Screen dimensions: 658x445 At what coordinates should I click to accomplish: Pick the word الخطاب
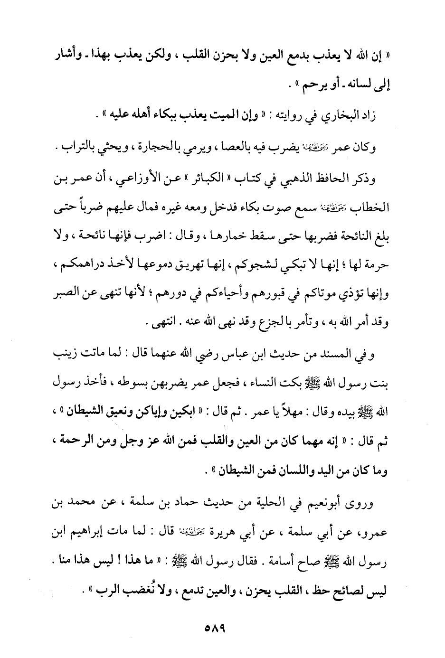(370, 207)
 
